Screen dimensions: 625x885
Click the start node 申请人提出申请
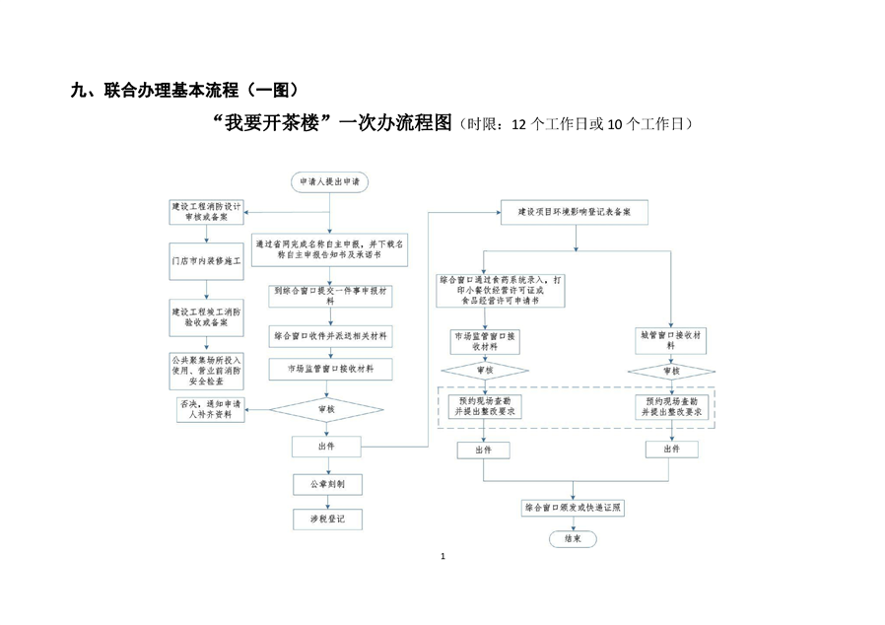pos(329,182)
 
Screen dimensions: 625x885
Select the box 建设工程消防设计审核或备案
pos(206,214)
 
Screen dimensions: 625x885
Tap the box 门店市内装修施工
pos(206,263)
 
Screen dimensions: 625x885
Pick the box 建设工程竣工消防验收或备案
pos(206,316)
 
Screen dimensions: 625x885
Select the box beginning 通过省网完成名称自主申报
pos(329,248)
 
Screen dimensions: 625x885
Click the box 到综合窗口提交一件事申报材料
pos(329,297)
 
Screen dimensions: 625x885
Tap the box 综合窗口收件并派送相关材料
pos(329,336)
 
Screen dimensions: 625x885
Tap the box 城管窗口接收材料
pos(671,341)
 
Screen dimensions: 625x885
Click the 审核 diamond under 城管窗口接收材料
pos(671,372)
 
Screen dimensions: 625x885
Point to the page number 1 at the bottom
pos(443,557)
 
